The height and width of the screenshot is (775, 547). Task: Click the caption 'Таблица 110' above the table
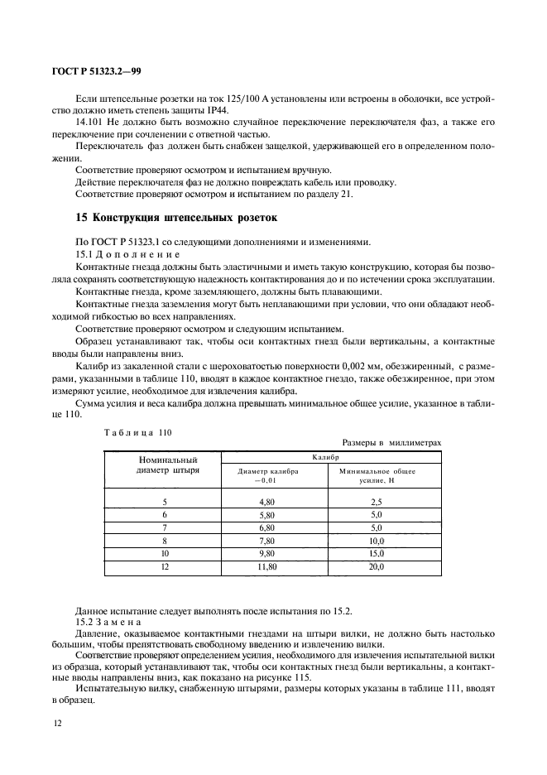(x=136, y=432)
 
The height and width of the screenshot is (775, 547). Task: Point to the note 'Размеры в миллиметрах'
(x=391, y=443)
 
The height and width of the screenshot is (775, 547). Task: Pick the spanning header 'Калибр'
(x=330, y=457)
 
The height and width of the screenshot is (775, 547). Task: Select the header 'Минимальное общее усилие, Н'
(x=377, y=475)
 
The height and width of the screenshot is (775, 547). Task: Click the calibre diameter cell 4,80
(x=266, y=502)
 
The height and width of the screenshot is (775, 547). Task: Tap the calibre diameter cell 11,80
(x=266, y=566)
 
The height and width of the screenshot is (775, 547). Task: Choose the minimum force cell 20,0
(x=376, y=566)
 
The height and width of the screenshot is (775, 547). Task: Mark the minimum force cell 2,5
(x=376, y=502)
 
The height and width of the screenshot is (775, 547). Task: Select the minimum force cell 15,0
(x=376, y=553)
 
